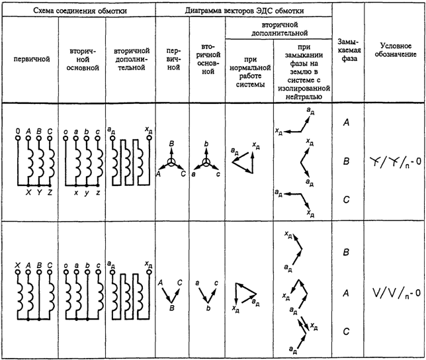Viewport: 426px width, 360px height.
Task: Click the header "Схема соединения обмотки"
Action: coord(78,9)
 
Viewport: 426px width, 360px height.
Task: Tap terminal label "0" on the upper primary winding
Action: coord(17,132)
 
